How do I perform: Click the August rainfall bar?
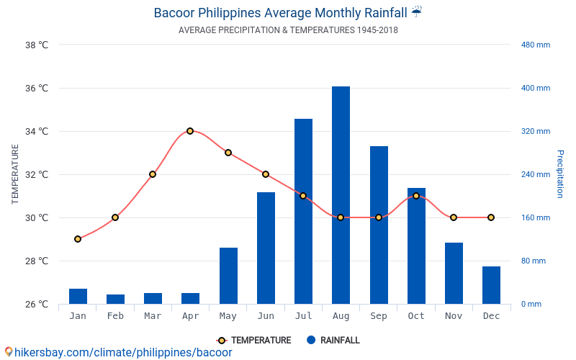coord(341,194)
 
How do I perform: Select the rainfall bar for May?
coord(228,276)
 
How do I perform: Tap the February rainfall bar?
coord(115,299)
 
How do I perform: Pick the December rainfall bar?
coord(491,285)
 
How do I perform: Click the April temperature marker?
coord(190,131)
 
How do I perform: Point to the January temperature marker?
coord(78,239)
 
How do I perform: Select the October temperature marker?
coord(416,196)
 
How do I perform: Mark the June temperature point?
coord(266,174)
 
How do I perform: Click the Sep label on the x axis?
coord(379,316)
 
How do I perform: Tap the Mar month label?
coord(153,316)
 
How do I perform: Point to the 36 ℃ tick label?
coord(37,89)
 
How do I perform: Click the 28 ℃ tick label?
coord(37,261)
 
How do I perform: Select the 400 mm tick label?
coord(536,89)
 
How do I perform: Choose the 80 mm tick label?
coord(534,261)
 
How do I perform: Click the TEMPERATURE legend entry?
coord(254,341)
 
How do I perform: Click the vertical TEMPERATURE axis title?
coord(15,174)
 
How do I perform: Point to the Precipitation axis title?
coord(560,174)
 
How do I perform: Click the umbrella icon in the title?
coord(417,12)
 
